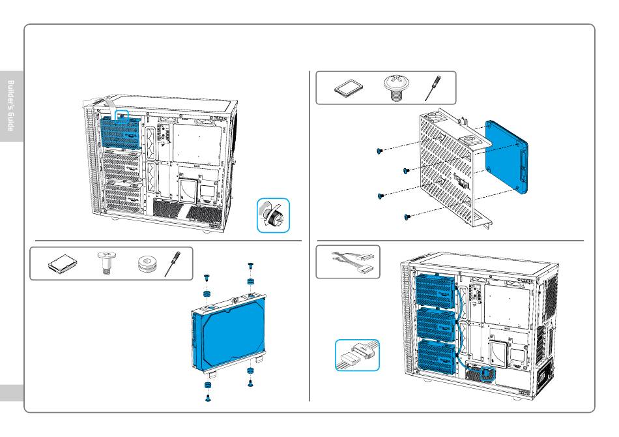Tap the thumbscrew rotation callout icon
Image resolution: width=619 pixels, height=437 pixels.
pos(273,216)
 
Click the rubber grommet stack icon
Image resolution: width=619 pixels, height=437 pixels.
pos(147,265)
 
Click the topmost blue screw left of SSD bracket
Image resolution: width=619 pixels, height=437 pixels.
pos(379,151)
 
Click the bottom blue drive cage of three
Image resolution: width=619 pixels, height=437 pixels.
pos(430,357)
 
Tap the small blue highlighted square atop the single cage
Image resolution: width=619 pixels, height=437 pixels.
pos(122,115)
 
